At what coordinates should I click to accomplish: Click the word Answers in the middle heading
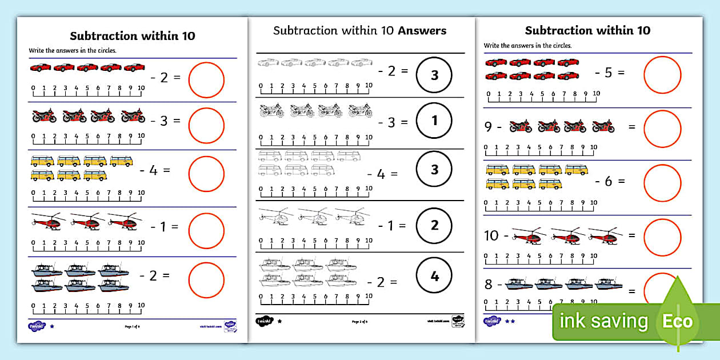point(422,30)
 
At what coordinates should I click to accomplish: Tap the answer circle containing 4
point(434,276)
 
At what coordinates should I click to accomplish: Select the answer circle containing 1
point(434,121)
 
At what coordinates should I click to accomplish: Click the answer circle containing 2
point(434,225)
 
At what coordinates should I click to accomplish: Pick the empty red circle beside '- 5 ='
point(662,75)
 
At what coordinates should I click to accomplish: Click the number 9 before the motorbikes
point(488,127)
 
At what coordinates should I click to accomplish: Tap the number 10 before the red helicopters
point(491,235)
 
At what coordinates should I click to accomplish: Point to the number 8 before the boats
point(488,285)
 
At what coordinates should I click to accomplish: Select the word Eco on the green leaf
point(677,321)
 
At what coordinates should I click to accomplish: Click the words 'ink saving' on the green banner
point(603,322)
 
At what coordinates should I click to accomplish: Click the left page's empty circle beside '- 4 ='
point(206,174)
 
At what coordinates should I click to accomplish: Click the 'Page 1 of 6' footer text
point(132,327)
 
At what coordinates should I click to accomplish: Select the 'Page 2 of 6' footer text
point(359,322)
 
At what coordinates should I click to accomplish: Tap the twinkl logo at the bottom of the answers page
point(264,321)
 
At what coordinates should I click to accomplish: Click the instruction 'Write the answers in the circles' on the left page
point(73,50)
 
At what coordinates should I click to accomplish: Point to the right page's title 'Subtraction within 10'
point(587,30)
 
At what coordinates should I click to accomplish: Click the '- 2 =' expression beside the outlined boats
point(382,282)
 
